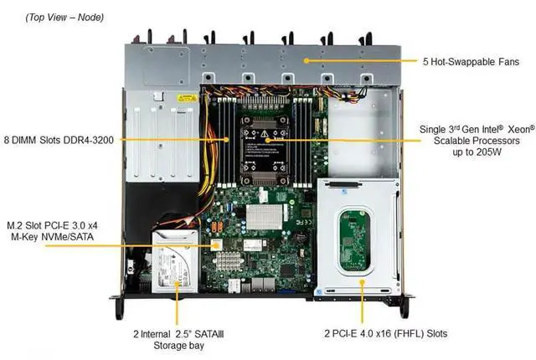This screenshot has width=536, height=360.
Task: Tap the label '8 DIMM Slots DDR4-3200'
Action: (59, 140)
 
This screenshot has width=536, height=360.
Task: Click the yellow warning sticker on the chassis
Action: (186, 98)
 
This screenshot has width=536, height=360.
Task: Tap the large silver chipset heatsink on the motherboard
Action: (256, 215)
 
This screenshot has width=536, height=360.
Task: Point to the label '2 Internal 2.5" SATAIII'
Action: (178, 333)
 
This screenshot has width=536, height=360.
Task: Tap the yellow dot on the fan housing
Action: (308, 61)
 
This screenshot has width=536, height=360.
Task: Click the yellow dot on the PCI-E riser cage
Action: (362, 284)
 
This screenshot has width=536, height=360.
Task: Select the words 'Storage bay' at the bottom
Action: (177, 344)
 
